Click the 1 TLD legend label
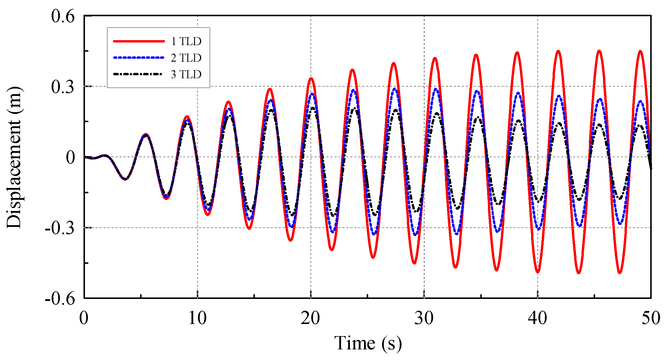pos(186,41)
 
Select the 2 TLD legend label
pos(186,58)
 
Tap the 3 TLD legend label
pos(186,74)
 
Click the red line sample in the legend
pos(139,41)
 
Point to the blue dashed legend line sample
pos(139,58)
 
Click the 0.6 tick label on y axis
pos(63,16)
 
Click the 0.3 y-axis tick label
pos(63,87)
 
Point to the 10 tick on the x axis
pos(197,318)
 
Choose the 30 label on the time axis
pos(424,318)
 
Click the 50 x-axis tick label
pos(651,318)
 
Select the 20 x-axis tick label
pos(310,318)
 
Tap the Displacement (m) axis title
pos(14,157)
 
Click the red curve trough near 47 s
pos(620,272)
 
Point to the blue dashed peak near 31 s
pos(436,89)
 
